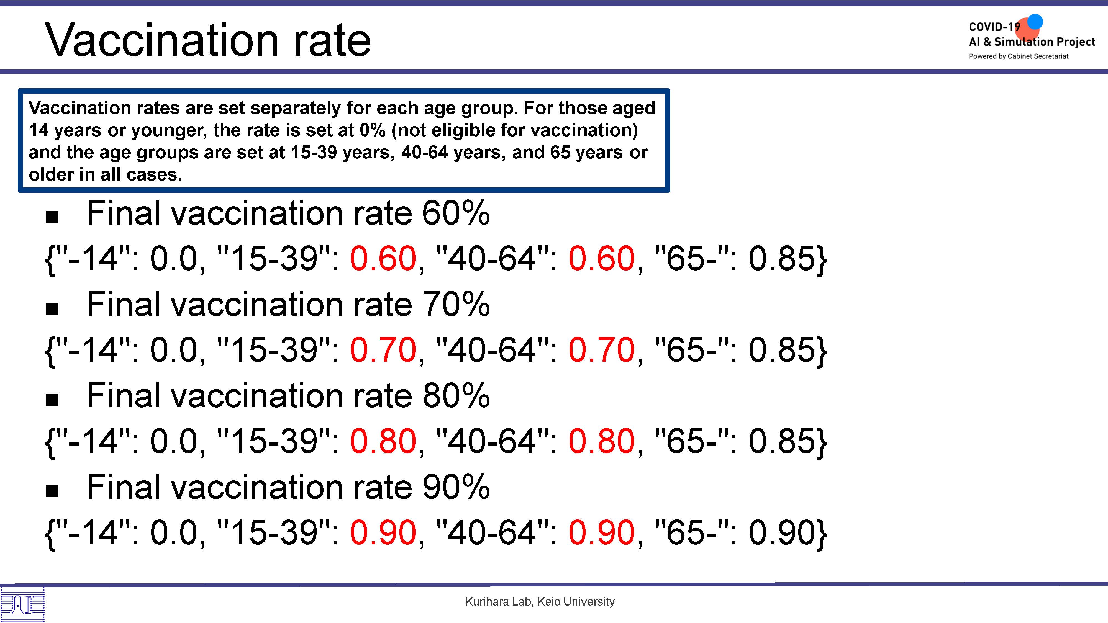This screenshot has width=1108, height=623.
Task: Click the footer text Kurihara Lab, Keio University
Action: (x=540, y=601)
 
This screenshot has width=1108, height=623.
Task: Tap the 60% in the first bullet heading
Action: (x=456, y=213)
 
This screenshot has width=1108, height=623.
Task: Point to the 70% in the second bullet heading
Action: (x=456, y=304)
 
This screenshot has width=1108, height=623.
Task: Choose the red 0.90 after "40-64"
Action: (x=601, y=532)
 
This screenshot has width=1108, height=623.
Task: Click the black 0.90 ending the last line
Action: (x=781, y=532)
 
